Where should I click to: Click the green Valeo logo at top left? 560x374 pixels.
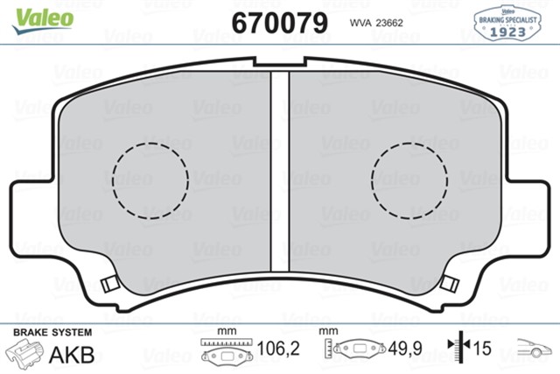(43, 21)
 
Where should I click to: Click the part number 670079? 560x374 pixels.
(280, 23)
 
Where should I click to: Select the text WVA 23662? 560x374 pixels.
(376, 23)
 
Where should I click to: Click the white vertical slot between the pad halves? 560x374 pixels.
(280, 172)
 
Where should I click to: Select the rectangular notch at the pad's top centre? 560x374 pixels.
(280, 62)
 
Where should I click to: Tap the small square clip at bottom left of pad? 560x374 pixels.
(109, 284)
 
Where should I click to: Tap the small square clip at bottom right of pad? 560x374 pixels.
(449, 283)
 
